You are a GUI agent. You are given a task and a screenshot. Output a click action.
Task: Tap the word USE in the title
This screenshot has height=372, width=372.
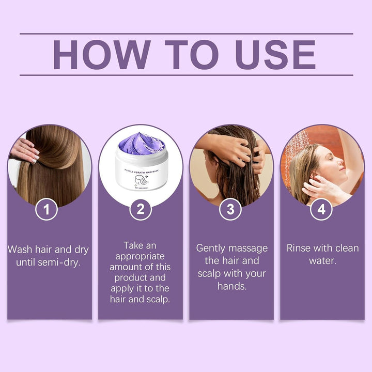(275, 54)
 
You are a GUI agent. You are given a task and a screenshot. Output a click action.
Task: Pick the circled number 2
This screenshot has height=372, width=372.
(140, 210)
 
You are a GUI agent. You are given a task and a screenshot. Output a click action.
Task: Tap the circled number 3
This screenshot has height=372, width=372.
(231, 210)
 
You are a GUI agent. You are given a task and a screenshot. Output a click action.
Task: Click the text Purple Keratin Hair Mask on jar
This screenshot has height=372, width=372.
(141, 168)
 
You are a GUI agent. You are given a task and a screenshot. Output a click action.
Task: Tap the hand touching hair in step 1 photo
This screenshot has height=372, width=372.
(25, 150)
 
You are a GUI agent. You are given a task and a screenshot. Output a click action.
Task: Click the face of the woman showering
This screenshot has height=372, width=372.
(330, 164)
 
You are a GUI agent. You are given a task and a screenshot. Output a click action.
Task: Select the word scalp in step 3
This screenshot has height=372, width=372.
(212, 273)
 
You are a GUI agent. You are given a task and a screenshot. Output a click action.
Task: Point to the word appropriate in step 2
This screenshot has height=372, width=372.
(140, 256)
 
